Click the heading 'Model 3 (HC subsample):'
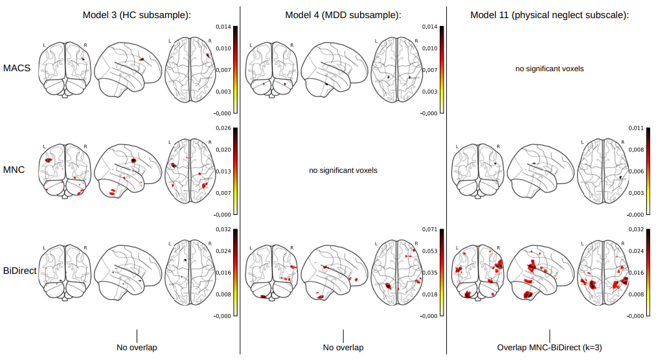tap(137, 14)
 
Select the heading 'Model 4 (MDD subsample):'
tap(343, 14)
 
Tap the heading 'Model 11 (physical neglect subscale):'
tap(550, 14)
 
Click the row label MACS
tap(17, 68)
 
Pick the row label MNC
tap(14, 170)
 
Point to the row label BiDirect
tap(19, 271)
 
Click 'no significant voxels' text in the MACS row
tap(550, 68)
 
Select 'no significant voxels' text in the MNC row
tap(343, 170)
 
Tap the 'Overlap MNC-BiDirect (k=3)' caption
tap(550, 348)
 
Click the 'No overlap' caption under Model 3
tap(137, 348)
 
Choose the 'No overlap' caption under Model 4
tap(343, 348)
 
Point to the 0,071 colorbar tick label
tap(429, 229)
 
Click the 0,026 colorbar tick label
tap(222, 128)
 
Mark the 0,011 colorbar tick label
tap(635, 128)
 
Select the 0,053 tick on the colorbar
tap(429, 251)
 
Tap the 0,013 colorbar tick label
tap(222, 171)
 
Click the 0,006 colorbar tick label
tap(635, 171)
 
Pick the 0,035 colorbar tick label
tap(429, 273)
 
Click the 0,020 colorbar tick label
tap(222, 149)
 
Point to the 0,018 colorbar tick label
tap(429, 294)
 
